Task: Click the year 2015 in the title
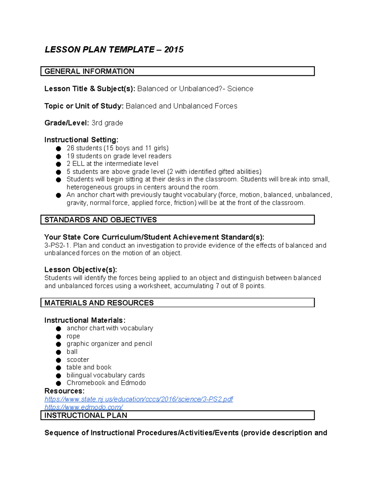click(174, 50)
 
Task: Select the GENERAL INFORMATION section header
click(89, 71)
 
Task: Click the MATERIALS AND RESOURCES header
click(99, 303)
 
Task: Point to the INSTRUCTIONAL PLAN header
click(86, 415)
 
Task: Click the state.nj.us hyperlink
click(139, 399)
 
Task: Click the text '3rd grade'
click(107, 123)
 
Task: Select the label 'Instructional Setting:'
click(81, 140)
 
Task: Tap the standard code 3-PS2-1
click(58, 246)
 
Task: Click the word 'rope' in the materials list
click(73, 336)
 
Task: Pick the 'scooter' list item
click(78, 360)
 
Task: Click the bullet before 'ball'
click(58, 352)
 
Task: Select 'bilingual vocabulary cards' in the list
click(106, 375)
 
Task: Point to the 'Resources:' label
click(64, 391)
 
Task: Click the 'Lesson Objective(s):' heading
click(81, 270)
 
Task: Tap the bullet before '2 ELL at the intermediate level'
click(58, 164)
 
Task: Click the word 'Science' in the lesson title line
click(240, 89)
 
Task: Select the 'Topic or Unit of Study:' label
click(84, 106)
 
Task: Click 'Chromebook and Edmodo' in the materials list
click(106, 383)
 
